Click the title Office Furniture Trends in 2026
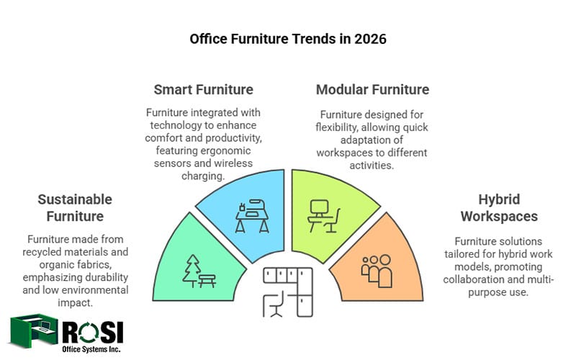pyautogui.click(x=288, y=39)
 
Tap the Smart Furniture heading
pyautogui.click(x=203, y=90)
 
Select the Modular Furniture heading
pyautogui.click(x=372, y=90)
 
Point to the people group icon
pyautogui.click(x=375, y=271)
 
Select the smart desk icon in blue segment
pyautogui.click(x=253, y=215)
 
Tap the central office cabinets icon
pyautogui.click(x=287, y=292)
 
